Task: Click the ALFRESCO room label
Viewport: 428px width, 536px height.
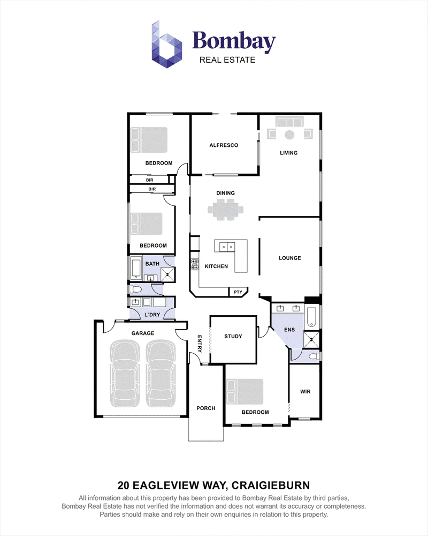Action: tap(224, 145)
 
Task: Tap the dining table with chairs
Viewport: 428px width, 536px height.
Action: tap(226, 209)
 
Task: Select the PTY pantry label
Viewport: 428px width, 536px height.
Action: tap(238, 292)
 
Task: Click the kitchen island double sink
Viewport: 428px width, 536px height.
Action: tap(227, 246)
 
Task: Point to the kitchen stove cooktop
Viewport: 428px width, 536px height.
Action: tap(195, 264)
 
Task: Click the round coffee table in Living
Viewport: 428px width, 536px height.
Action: tap(289, 135)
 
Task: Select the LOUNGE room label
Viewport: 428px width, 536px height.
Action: tap(290, 258)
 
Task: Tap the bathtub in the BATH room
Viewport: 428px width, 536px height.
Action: tap(136, 269)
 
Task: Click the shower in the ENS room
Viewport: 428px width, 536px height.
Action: tap(311, 339)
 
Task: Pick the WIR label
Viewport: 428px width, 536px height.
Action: tap(305, 392)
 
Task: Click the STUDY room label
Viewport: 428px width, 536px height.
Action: tap(233, 337)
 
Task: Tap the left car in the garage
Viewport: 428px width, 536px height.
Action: tap(125, 373)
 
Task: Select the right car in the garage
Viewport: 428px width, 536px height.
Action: tap(160, 373)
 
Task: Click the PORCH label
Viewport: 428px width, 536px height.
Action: tap(206, 408)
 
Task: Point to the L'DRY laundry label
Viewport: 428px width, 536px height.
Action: tap(152, 315)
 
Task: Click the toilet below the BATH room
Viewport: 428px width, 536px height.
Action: tap(135, 289)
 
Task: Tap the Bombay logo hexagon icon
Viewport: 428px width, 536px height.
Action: tap(166, 44)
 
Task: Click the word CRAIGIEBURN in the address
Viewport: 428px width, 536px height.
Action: tap(271, 485)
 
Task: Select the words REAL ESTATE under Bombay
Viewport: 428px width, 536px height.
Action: tap(227, 60)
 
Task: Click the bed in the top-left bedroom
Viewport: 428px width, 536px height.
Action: tap(149, 140)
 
